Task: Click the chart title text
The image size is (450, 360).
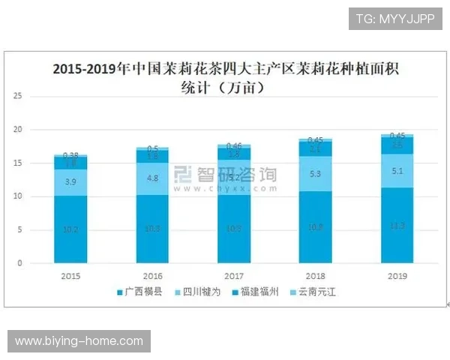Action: pyautogui.click(x=226, y=78)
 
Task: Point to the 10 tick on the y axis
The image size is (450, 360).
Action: pyautogui.click(x=18, y=196)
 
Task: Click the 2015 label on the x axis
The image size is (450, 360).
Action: pyautogui.click(x=70, y=276)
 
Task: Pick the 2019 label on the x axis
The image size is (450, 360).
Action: pyautogui.click(x=397, y=276)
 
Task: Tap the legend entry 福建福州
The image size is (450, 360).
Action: pyautogui.click(x=259, y=291)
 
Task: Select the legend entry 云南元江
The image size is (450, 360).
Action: pyautogui.click(x=316, y=291)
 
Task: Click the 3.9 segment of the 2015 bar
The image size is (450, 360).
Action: pyautogui.click(x=70, y=182)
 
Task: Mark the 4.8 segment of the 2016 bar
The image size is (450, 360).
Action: pyautogui.click(x=151, y=178)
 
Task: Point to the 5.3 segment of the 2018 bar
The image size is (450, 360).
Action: pyautogui.click(x=316, y=174)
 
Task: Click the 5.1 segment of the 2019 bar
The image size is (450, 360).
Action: pyautogui.click(x=397, y=170)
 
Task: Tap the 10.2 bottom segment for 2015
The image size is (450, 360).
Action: pyautogui.click(x=70, y=229)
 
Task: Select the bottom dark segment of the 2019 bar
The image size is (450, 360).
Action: pyautogui.click(x=397, y=225)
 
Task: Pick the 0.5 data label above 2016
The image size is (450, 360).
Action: pyautogui.click(x=151, y=148)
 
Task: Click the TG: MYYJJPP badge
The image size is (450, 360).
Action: pyautogui.click(x=395, y=18)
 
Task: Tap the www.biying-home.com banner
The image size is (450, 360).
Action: pyautogui.click(x=80, y=341)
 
